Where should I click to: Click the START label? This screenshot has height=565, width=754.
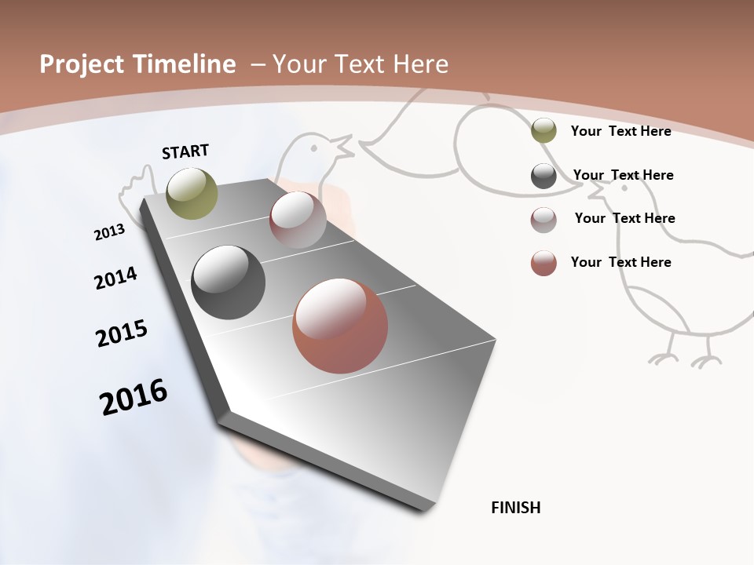pyautogui.click(x=185, y=151)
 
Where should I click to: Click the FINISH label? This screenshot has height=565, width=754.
pyautogui.click(x=516, y=508)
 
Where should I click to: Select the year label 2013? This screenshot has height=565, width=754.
pyautogui.click(x=109, y=232)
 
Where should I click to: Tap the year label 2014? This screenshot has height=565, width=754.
pyautogui.click(x=115, y=279)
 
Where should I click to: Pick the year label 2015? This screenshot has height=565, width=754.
pyautogui.click(x=122, y=334)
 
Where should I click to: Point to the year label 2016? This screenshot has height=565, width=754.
pyautogui.click(x=134, y=397)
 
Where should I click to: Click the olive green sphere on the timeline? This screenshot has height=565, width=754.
pyautogui.click(x=192, y=193)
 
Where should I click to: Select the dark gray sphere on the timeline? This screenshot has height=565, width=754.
pyautogui.click(x=228, y=282)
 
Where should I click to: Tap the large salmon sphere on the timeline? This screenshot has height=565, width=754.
pyautogui.click(x=340, y=326)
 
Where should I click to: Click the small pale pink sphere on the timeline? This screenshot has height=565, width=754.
pyautogui.click(x=298, y=220)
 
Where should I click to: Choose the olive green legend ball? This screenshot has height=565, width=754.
pyautogui.click(x=544, y=131)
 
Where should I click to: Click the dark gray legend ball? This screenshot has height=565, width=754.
pyautogui.click(x=544, y=176)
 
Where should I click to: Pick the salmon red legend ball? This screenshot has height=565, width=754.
pyautogui.click(x=544, y=263)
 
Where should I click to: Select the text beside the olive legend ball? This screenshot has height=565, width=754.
pyautogui.click(x=620, y=131)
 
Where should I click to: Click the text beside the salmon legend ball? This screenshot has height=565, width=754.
pyautogui.click(x=620, y=262)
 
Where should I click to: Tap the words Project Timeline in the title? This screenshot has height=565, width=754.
pyautogui.click(x=137, y=64)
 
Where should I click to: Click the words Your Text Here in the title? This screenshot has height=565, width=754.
pyautogui.click(x=360, y=64)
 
